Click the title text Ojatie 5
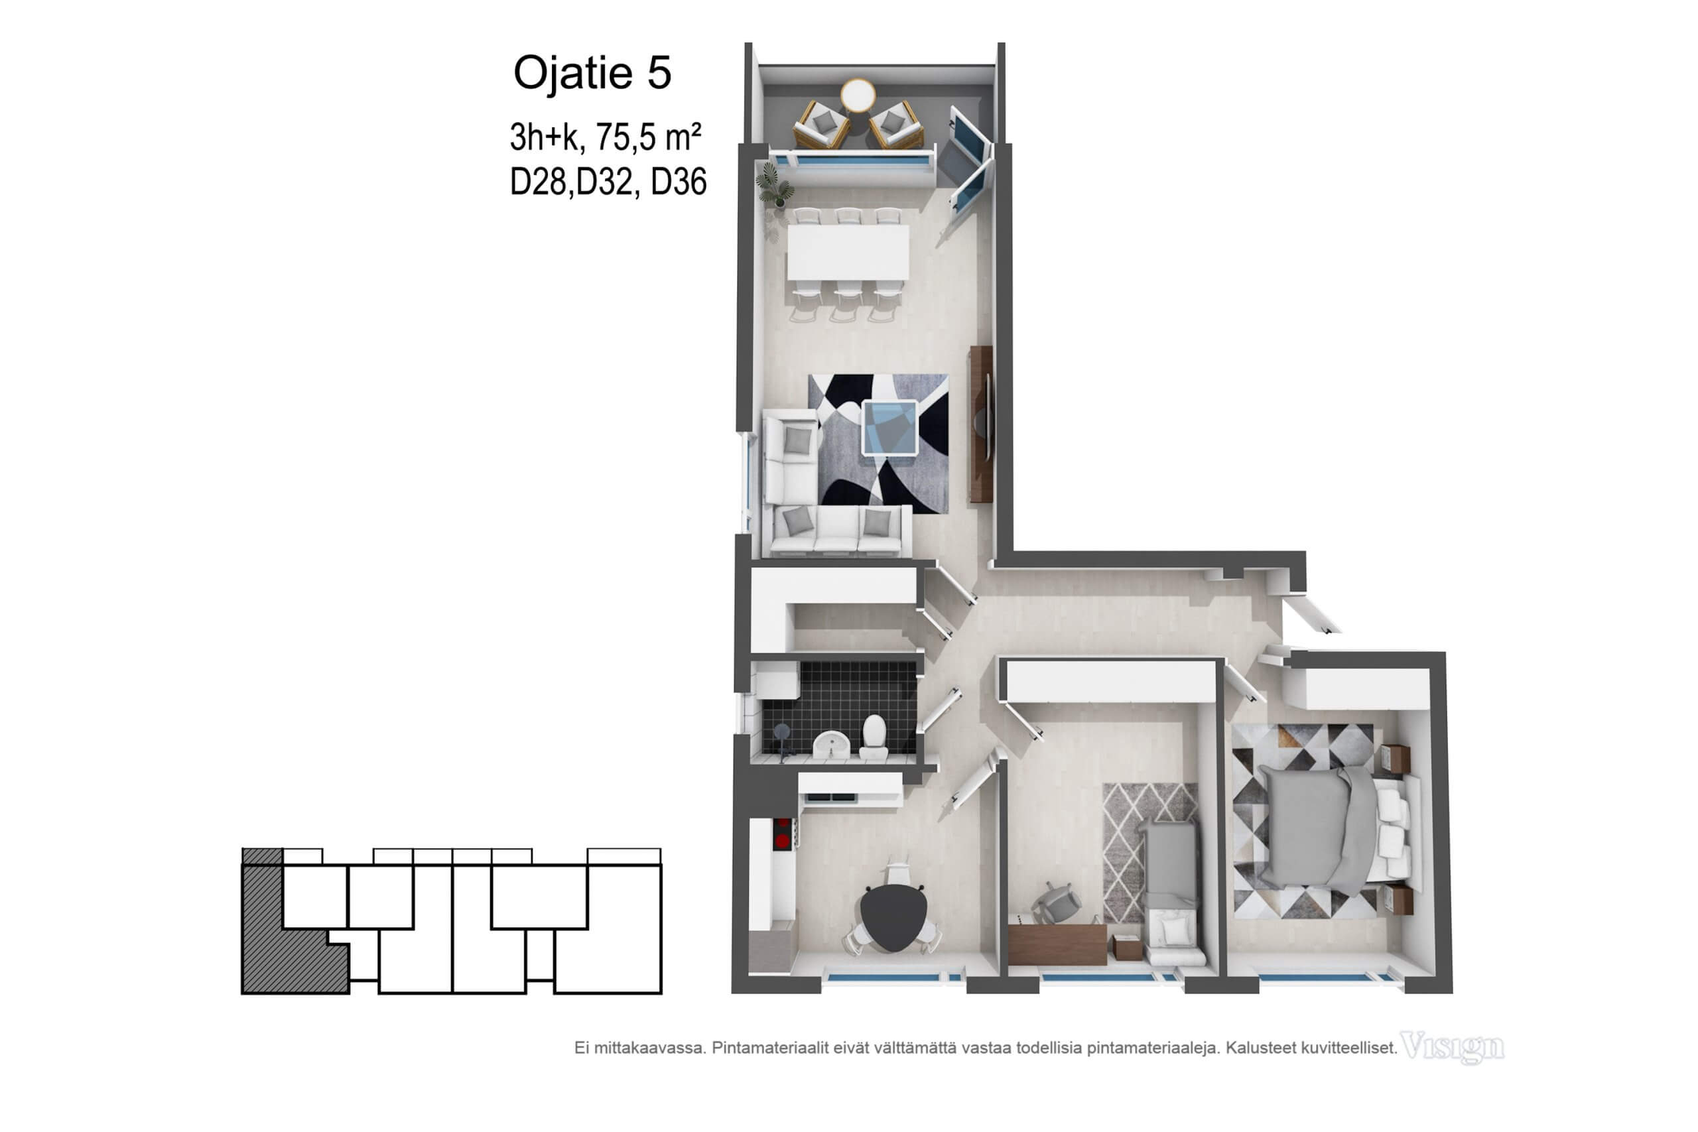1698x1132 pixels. [x=592, y=73]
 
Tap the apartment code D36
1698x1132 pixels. [x=678, y=181]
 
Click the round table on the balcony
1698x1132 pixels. [x=858, y=95]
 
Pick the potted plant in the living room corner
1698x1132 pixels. [x=775, y=184]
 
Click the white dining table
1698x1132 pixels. [x=848, y=252]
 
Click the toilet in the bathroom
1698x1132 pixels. [x=874, y=737]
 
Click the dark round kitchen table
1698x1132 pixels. [x=893, y=917]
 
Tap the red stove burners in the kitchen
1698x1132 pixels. [x=782, y=832]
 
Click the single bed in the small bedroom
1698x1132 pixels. [x=1173, y=893]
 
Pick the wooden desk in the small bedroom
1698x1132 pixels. [x=1058, y=944]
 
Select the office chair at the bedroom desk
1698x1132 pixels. [x=1057, y=903]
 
